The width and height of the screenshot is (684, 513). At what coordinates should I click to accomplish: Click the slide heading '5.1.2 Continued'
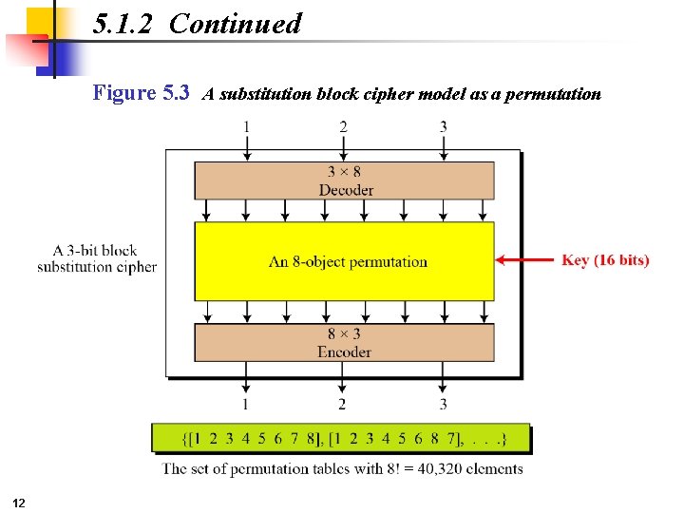(198, 24)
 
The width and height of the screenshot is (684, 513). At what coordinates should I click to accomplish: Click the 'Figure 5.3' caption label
(141, 93)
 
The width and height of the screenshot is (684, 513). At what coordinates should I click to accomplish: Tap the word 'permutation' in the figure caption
(553, 94)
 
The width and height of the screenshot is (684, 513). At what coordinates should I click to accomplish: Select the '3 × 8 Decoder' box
(344, 180)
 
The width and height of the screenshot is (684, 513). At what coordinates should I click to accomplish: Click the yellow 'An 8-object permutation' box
(344, 261)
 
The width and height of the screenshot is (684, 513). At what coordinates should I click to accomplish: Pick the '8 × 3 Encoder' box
(344, 342)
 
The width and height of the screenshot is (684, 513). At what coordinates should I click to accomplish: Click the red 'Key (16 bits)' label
(605, 259)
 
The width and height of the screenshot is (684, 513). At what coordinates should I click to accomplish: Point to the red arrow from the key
(524, 259)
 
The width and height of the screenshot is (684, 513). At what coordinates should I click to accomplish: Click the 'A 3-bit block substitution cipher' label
(97, 258)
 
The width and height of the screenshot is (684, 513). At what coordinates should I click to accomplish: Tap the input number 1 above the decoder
(247, 126)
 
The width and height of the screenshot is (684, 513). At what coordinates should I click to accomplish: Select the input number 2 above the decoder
(343, 126)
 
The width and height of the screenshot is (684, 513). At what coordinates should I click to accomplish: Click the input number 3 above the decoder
(443, 126)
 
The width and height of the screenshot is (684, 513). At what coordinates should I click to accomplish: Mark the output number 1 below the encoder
(247, 405)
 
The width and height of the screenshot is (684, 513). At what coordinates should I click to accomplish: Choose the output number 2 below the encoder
(343, 405)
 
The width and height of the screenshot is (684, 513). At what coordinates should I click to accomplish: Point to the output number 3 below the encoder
(443, 405)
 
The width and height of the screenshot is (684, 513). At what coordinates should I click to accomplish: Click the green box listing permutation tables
(342, 438)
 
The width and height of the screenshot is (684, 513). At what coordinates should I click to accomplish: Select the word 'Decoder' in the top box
(346, 189)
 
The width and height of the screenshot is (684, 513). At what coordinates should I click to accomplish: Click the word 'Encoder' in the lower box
(344, 351)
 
